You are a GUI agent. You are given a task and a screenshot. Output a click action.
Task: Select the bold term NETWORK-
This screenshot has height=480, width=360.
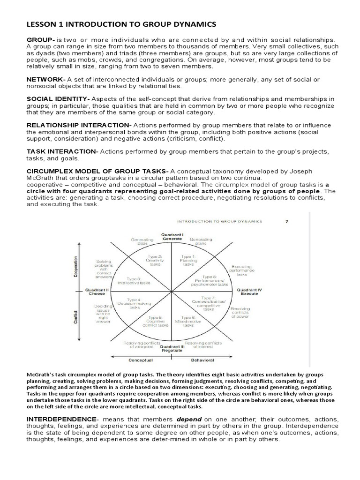click(x=45, y=79)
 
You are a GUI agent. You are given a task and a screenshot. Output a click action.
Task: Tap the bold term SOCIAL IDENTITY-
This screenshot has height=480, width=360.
click(x=58, y=99)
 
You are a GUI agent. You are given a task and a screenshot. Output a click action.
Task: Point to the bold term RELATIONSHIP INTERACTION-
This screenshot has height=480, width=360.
click(x=79, y=125)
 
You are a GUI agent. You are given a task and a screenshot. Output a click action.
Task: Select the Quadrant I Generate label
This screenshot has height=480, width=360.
click(x=172, y=236)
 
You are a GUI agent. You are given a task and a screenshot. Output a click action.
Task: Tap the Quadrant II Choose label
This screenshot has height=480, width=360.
click(x=97, y=292)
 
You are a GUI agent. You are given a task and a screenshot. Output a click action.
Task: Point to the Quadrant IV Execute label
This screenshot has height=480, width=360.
click(x=251, y=292)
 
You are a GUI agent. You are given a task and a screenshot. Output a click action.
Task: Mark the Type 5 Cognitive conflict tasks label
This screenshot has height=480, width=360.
click(x=154, y=322)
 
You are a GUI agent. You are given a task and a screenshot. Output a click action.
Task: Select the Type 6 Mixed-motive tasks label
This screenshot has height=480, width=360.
click(x=188, y=322)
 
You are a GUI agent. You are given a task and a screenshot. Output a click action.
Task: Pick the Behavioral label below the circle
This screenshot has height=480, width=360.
click(x=202, y=360)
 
